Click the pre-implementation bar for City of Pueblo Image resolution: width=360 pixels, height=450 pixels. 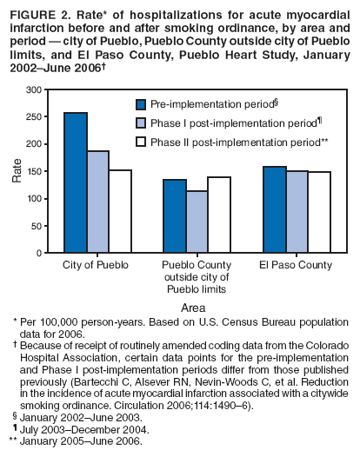pos(76,182)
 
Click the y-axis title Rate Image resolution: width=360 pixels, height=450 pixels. pos(17,171)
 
